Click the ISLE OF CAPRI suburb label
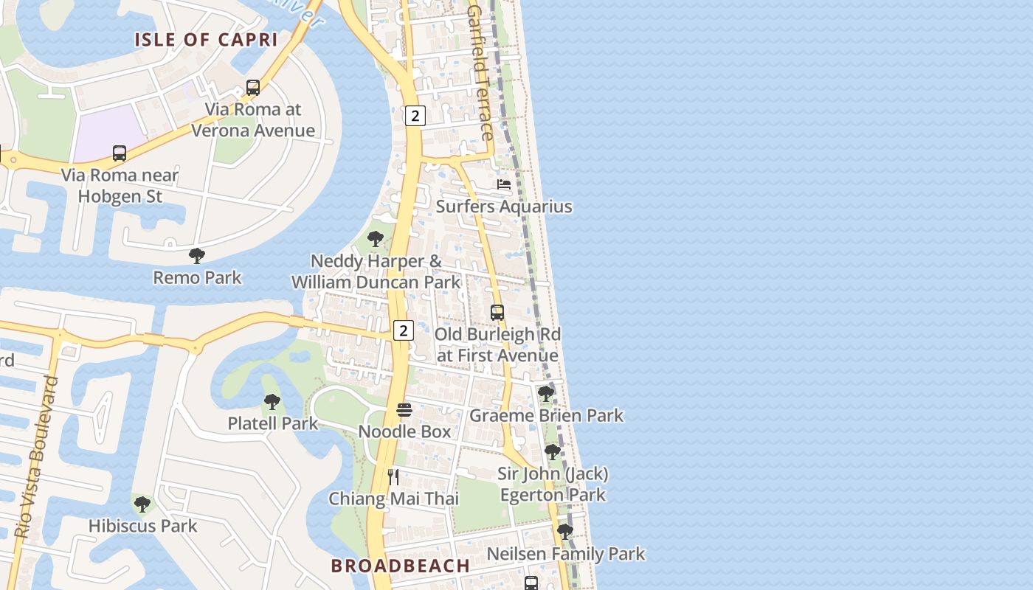click(x=206, y=40)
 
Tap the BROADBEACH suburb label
click(x=400, y=566)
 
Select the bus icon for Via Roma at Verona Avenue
click(x=253, y=88)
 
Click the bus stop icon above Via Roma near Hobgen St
click(x=120, y=153)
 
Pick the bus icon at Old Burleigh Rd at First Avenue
click(x=497, y=313)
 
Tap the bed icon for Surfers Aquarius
click(x=504, y=184)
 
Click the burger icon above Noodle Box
click(x=404, y=410)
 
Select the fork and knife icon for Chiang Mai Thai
click(x=393, y=477)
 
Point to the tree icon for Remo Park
click(x=197, y=256)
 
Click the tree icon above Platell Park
click(x=272, y=402)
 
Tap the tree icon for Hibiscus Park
click(x=142, y=504)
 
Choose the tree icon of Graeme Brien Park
click(x=546, y=394)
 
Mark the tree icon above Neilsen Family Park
click(x=565, y=532)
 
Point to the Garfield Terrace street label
click(x=480, y=74)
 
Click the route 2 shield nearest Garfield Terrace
click(x=415, y=116)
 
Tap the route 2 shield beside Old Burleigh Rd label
click(x=403, y=330)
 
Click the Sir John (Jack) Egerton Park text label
click(x=553, y=484)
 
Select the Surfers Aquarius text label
click(x=504, y=206)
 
